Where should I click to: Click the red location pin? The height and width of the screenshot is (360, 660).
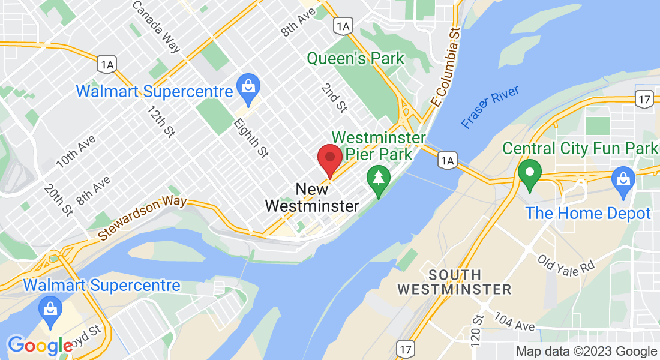329,159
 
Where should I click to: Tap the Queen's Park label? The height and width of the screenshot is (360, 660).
356,59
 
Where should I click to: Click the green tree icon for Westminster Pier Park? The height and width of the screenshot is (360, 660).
378,179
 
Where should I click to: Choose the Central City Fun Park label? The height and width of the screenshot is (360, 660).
580,148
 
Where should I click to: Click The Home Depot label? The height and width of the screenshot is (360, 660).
588,213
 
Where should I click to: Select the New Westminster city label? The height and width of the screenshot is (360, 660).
312,198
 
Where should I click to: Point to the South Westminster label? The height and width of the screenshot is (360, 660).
454,282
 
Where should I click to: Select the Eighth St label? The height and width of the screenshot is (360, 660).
250,138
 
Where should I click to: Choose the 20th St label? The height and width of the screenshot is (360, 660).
58,200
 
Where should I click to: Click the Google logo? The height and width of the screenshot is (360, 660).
40,345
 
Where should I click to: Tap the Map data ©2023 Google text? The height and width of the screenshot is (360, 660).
586,352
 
